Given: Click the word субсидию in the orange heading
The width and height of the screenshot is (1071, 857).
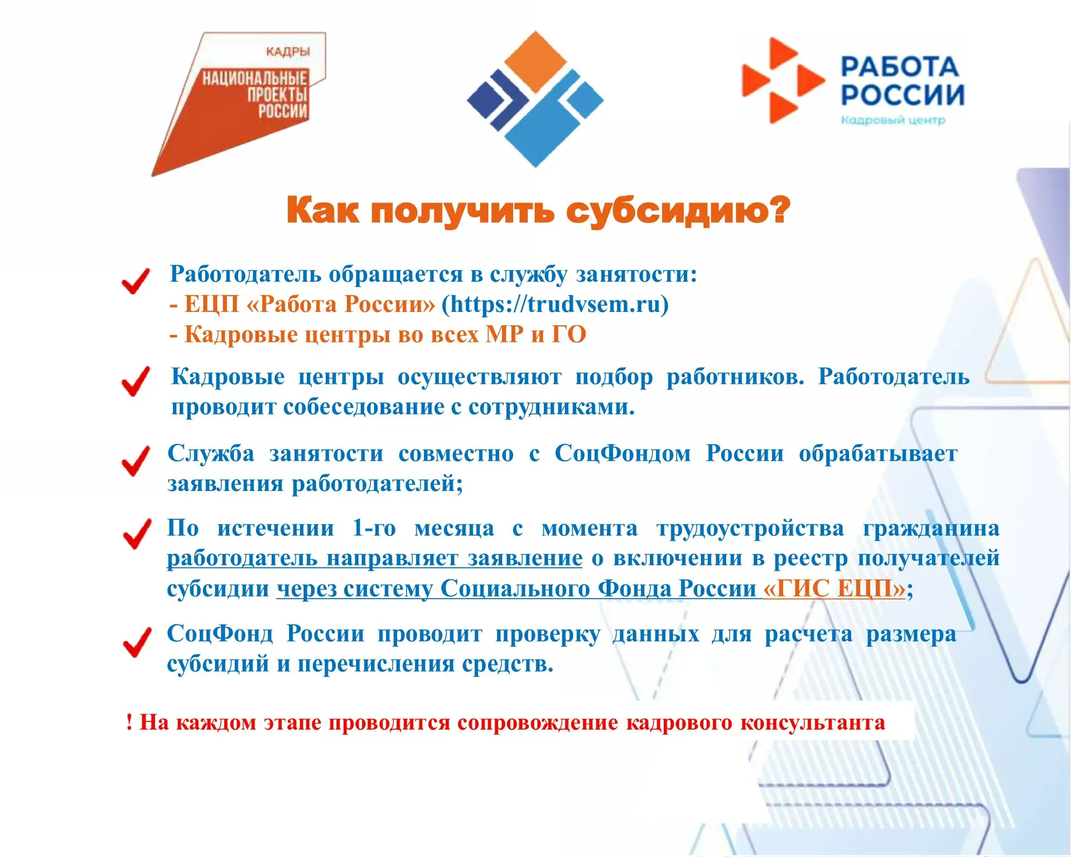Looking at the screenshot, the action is (x=678, y=211).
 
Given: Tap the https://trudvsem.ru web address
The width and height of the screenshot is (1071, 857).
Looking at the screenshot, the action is (x=555, y=304).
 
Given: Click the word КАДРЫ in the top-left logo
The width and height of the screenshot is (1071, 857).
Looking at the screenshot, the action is (x=288, y=52).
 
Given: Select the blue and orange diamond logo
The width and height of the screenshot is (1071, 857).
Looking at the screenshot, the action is (x=535, y=99).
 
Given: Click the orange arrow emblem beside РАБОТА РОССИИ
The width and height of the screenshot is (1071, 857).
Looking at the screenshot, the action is (x=783, y=80).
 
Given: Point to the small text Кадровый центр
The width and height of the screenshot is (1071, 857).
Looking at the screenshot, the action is (x=893, y=120).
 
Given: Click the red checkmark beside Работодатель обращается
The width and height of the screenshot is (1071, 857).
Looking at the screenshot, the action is (x=136, y=281).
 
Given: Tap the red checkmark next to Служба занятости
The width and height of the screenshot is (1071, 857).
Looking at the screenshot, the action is (x=136, y=461).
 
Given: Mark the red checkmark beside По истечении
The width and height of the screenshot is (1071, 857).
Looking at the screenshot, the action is (x=137, y=534).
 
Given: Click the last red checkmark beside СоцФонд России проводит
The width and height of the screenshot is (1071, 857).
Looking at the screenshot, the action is (x=137, y=642).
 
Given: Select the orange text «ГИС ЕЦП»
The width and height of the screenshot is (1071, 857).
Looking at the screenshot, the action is (x=834, y=588).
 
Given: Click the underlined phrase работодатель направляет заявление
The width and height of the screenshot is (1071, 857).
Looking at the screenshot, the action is (x=375, y=558).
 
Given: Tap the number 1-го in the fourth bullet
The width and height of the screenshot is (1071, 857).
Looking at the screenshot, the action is (x=374, y=528).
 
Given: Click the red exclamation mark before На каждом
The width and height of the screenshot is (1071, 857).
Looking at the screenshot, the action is (x=129, y=722).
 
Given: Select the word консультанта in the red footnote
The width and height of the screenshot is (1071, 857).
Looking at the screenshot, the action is (x=813, y=723).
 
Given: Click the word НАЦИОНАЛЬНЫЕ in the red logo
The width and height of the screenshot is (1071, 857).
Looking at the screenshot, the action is (x=255, y=78).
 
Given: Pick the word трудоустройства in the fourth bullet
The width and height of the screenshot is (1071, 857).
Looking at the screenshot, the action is (x=750, y=528).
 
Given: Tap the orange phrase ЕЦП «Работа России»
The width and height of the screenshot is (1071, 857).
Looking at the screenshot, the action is (x=310, y=304).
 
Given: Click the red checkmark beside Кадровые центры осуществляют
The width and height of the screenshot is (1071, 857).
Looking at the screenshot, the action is (x=136, y=382).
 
